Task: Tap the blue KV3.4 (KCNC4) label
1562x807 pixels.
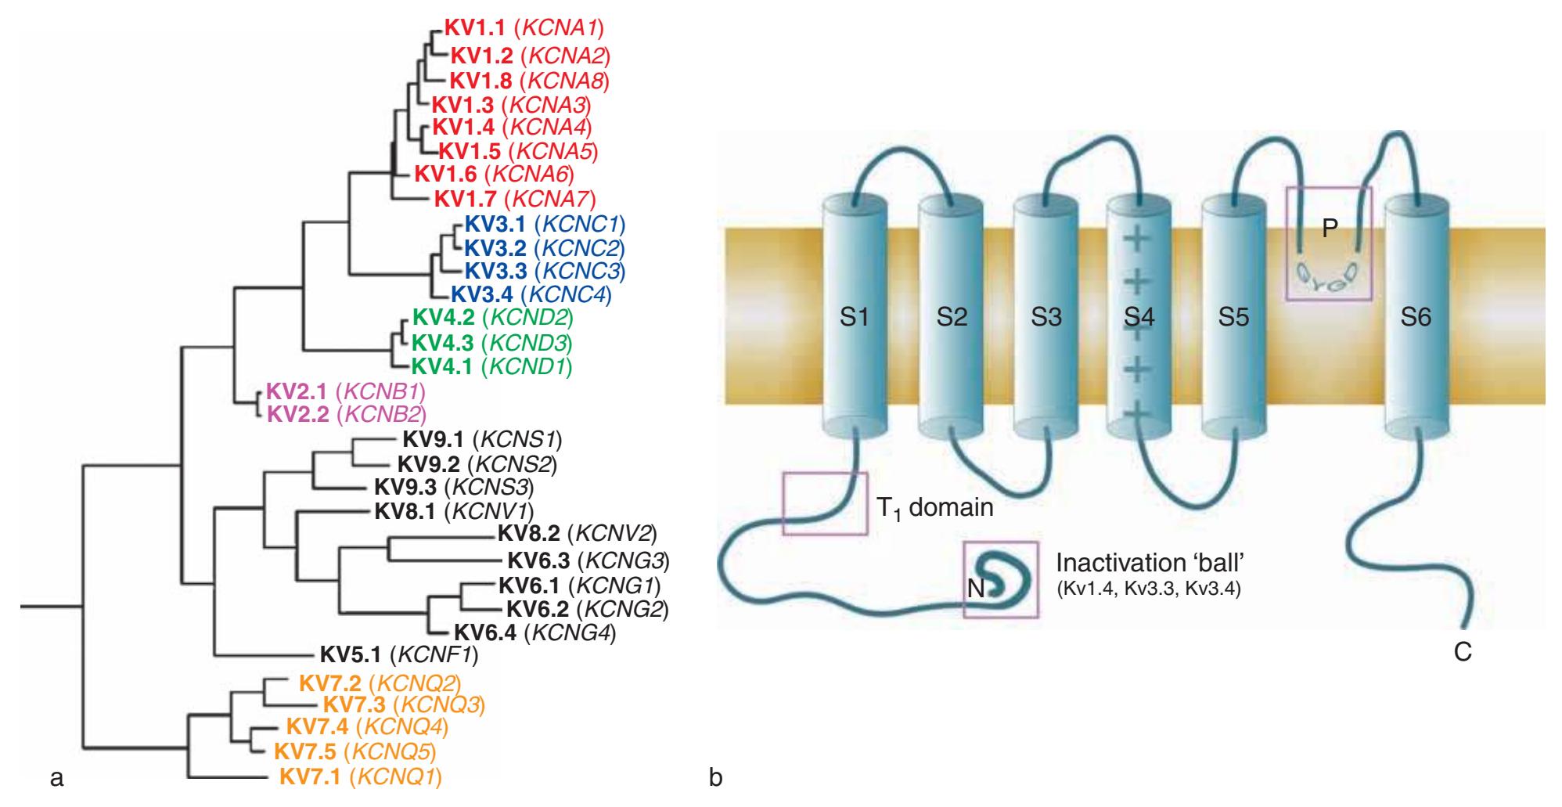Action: tap(531, 294)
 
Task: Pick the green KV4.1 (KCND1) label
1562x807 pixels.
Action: tap(491, 366)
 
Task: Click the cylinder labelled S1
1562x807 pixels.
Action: tap(855, 317)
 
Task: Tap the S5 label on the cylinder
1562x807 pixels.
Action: tap(1234, 317)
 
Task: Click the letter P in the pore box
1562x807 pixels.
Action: tap(1330, 228)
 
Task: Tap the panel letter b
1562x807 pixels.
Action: tap(715, 778)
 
